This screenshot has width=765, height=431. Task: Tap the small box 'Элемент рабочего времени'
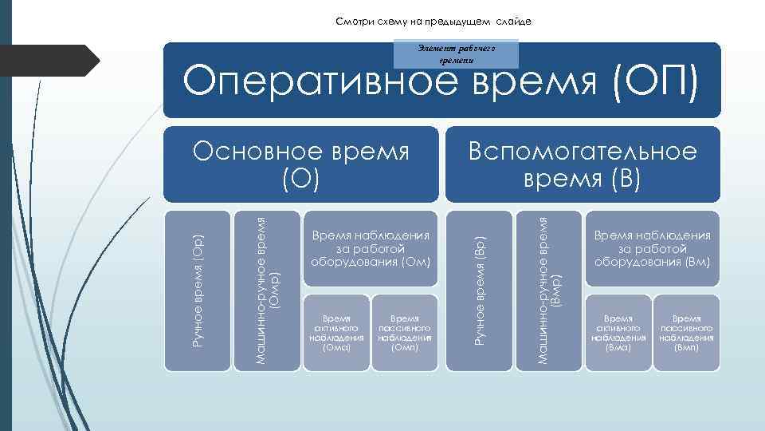coord(457,53)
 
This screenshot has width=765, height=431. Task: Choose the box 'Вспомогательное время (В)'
coord(582,164)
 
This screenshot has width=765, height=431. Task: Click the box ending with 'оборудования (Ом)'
coord(371,249)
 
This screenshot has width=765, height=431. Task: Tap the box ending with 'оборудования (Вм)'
coord(652,249)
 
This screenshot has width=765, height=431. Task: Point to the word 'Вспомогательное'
coord(582,152)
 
